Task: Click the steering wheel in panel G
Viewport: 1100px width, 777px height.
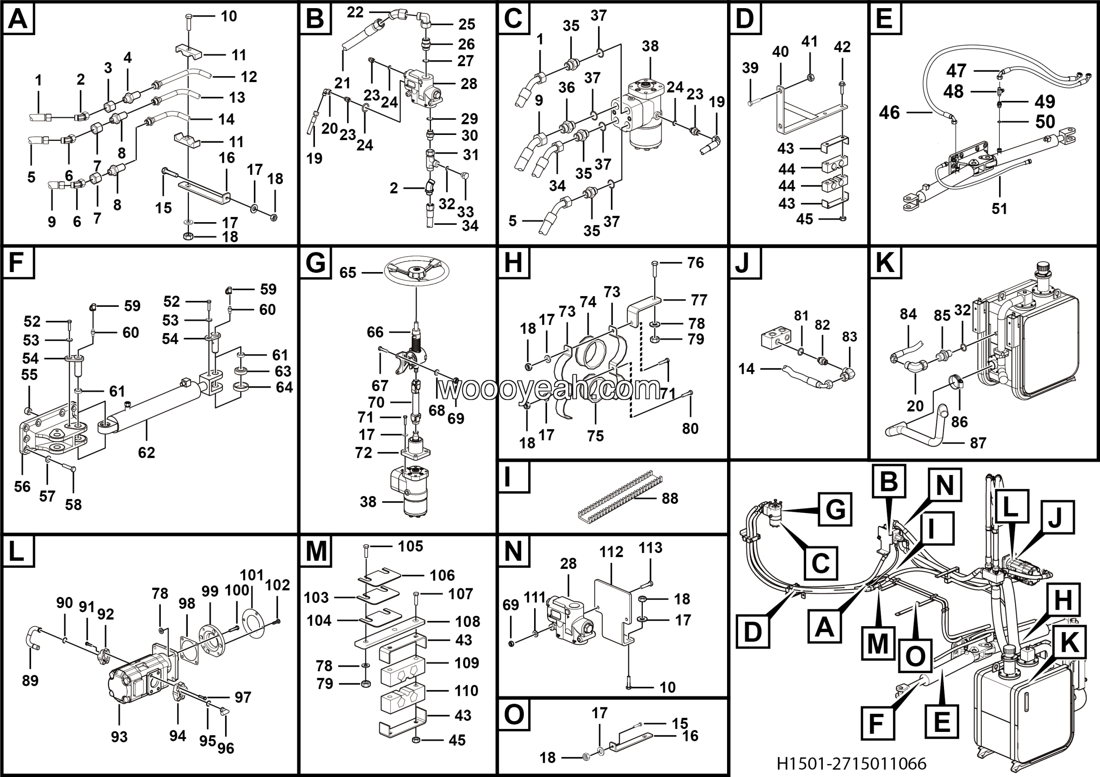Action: (416, 272)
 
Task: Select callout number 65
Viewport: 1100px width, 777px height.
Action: (348, 272)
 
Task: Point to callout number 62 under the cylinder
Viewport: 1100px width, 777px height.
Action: (147, 452)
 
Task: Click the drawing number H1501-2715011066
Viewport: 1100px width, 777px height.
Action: (851, 763)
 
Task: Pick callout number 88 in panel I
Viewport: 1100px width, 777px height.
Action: (670, 498)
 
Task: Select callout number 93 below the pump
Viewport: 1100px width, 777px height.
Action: (119, 736)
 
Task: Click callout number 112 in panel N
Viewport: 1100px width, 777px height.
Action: (611, 552)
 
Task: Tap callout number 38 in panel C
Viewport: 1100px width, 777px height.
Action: (650, 46)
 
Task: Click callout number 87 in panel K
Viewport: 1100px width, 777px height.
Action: (978, 443)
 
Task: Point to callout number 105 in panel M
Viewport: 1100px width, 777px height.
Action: (411, 546)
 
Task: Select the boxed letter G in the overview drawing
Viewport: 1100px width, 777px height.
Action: (835, 509)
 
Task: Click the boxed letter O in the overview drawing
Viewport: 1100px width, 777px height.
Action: (915, 655)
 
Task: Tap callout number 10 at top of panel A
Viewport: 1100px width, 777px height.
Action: (229, 16)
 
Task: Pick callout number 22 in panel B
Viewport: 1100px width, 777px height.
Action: (355, 12)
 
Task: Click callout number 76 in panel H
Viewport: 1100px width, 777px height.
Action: (695, 263)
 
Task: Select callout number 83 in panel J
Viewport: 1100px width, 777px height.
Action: (849, 336)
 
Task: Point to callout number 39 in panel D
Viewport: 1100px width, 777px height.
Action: (750, 67)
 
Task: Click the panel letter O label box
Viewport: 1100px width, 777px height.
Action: (514, 715)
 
